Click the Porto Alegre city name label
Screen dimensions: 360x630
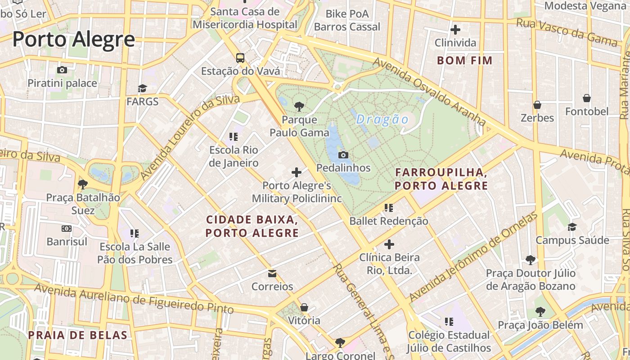pos(73,39)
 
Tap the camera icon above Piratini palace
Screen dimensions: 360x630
pos(62,70)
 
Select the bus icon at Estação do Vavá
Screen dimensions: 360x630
pos(240,58)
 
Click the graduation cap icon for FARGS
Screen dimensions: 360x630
pos(142,88)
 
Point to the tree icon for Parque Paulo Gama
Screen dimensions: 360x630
pos(299,107)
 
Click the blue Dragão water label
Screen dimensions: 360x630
pos(382,119)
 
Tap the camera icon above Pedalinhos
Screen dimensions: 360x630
pos(343,155)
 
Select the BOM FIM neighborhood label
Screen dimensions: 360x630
pos(464,60)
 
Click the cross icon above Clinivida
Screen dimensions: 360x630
pos(455,30)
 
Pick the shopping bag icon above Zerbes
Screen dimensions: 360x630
pos(537,105)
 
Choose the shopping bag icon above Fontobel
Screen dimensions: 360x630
pos(587,98)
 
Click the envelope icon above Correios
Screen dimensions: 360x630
pos(272,274)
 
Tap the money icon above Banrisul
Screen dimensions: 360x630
pos(67,229)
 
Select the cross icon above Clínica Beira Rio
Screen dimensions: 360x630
pos(389,244)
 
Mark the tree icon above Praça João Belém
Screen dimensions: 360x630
pos(540,311)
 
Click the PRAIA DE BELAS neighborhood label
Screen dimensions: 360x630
pos(78,335)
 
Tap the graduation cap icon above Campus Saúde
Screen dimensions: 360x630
pos(572,227)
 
